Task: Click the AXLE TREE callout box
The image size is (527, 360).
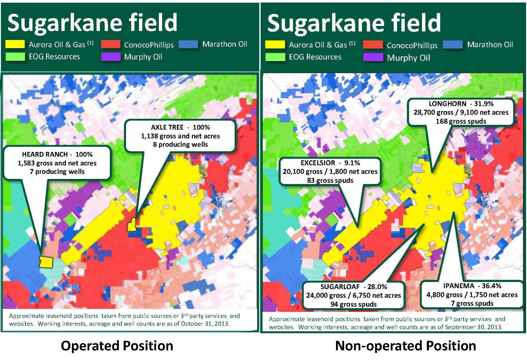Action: pos(180,136)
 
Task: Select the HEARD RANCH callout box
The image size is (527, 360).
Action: pos(57,163)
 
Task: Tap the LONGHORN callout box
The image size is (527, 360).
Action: pos(461,112)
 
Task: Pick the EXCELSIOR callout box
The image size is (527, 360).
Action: pos(330,171)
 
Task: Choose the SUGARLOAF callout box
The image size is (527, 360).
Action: pos(353,295)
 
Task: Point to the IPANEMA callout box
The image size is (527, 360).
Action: pos(472,294)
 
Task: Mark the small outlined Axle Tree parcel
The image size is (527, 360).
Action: pos(132,225)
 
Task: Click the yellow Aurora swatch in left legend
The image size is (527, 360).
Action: pos(15,44)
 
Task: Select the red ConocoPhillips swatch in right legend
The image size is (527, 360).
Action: pos(373,45)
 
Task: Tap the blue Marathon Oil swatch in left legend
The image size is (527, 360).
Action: pos(188,44)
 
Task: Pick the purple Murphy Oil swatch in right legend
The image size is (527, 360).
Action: pos(373,57)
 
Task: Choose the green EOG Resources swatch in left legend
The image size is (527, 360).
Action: pos(15,57)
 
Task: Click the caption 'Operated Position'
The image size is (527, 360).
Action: pos(117,346)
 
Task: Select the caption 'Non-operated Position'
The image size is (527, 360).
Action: pos(405,346)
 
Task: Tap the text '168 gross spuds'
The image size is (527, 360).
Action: pos(461,121)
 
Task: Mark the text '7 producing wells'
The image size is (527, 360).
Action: pos(57,171)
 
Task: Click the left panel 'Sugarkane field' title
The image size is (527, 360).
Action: pos(92,23)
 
